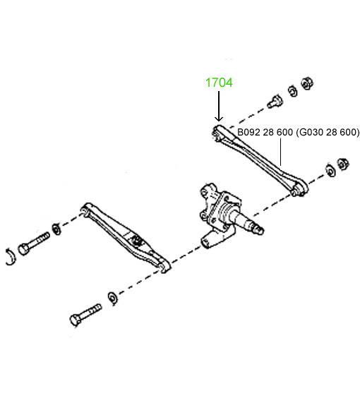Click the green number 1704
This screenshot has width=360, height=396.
219,83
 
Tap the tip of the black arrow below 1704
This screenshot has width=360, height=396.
219,121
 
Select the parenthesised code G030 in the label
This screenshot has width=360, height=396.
310,132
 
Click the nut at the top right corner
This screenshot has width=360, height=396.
307,83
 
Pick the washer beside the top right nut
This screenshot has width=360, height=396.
292,91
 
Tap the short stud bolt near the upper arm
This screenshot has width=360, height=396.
275,102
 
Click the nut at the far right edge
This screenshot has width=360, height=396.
343,164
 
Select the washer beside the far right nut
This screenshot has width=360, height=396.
330,171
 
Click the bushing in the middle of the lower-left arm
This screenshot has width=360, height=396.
137,241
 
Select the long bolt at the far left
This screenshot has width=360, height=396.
34,244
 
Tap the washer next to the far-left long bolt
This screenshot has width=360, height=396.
56,229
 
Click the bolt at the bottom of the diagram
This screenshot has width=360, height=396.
85,315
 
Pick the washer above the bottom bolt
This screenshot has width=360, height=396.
112,299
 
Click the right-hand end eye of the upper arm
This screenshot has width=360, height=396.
299,189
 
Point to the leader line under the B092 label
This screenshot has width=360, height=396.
281,152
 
